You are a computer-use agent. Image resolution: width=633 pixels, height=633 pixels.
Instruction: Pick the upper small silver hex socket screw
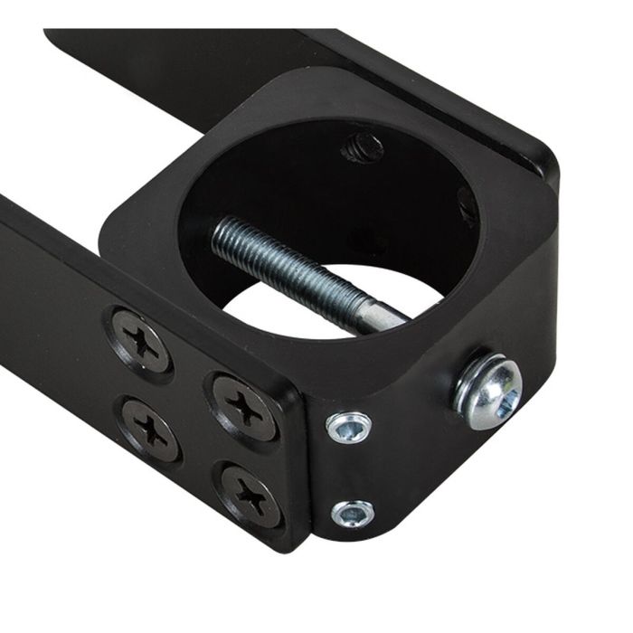[350, 426]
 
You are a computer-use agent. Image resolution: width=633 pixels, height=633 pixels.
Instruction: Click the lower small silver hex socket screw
[352, 513]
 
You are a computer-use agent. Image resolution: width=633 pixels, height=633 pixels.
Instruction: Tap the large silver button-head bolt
[489, 390]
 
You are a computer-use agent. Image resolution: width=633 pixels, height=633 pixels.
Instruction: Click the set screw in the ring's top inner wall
[362, 147]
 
